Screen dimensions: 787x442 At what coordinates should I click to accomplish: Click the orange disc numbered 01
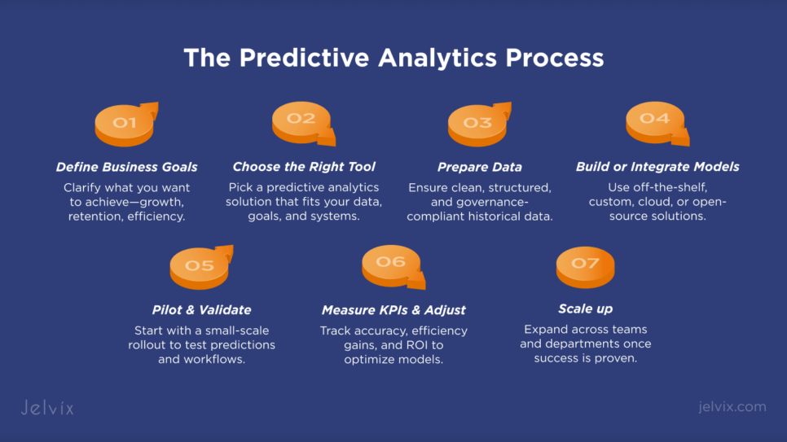[125, 125]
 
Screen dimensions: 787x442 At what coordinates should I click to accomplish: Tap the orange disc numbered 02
[302, 123]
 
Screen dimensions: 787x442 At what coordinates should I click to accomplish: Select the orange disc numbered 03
[477, 125]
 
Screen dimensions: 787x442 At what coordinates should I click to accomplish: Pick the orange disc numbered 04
[656, 123]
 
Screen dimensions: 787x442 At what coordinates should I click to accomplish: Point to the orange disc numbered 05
[200, 269]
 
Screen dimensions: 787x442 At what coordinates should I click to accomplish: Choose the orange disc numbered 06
[392, 266]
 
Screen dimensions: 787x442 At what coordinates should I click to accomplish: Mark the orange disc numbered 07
[585, 268]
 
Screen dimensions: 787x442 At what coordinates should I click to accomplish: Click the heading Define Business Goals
[126, 167]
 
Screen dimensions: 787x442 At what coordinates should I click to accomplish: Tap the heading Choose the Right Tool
[304, 167]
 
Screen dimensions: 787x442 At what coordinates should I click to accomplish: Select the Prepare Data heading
[479, 167]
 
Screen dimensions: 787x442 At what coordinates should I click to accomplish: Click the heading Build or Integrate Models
[657, 167]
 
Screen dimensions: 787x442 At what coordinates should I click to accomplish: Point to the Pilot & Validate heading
[201, 310]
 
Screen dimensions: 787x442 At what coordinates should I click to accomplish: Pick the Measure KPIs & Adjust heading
[393, 310]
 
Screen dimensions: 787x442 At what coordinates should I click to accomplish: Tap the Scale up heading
[585, 309]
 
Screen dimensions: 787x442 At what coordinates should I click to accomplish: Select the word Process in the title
[555, 58]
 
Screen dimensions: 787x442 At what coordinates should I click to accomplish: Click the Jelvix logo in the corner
[47, 407]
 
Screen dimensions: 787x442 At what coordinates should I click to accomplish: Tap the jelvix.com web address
[732, 406]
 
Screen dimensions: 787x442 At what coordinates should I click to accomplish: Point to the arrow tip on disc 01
[157, 103]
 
